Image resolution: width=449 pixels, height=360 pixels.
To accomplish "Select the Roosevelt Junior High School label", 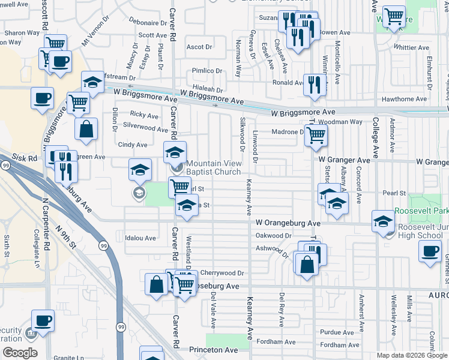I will [420, 231].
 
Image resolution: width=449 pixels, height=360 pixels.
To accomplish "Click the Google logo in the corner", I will [20, 353].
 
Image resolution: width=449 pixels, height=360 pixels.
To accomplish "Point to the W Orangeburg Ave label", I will [288, 223].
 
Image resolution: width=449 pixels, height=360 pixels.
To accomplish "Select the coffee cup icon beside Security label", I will [43, 322].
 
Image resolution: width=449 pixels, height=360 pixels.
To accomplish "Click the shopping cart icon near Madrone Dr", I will [316, 135].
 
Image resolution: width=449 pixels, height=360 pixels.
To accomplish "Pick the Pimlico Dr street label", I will [207, 71].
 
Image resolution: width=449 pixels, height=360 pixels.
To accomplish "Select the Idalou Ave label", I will [140, 238].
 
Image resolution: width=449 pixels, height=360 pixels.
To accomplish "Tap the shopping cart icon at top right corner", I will [394, 16].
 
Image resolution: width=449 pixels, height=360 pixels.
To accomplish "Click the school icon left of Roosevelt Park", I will [382, 221].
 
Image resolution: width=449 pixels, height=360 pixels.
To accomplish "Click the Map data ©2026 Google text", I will [411, 355].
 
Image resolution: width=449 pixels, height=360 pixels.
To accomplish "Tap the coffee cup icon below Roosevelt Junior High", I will [430, 250].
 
